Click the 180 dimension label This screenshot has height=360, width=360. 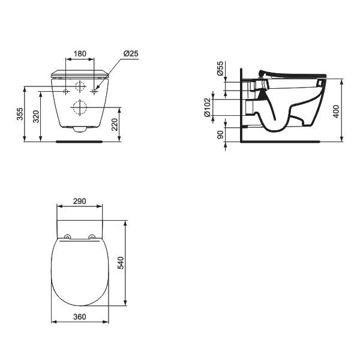click(x=80, y=54)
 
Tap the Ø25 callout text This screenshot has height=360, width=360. click(x=131, y=53)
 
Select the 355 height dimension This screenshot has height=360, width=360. click(x=20, y=113)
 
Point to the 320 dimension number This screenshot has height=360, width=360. click(x=36, y=116)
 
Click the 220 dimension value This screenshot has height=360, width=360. click(x=115, y=124)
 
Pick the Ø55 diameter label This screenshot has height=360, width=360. click(x=220, y=68)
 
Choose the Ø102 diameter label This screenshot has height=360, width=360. click(x=207, y=107)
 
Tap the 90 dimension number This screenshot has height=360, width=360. click(x=220, y=134)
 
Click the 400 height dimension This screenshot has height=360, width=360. click(x=336, y=112)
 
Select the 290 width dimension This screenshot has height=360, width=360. click(x=79, y=201)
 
